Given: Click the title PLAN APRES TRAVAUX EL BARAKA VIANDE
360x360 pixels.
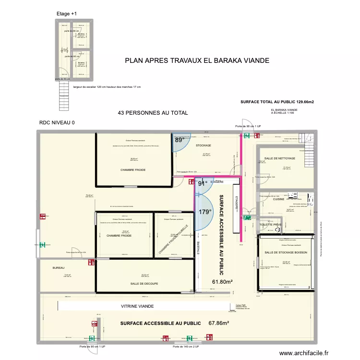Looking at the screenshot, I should pos(197,60).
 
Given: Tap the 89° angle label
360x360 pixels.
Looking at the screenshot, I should pos(179,140).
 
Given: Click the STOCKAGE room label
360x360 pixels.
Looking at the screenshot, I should pos(206,145).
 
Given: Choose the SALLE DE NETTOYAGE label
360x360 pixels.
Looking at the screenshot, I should pos(280,158).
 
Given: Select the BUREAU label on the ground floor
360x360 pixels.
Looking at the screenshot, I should pos(58,268).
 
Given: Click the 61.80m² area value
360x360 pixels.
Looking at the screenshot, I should pos(222,282).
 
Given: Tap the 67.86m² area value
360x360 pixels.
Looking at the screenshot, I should pos(219,324).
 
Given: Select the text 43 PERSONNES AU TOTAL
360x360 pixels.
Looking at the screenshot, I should pos(153,113).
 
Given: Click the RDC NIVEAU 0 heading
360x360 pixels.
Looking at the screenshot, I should pos(57,123).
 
